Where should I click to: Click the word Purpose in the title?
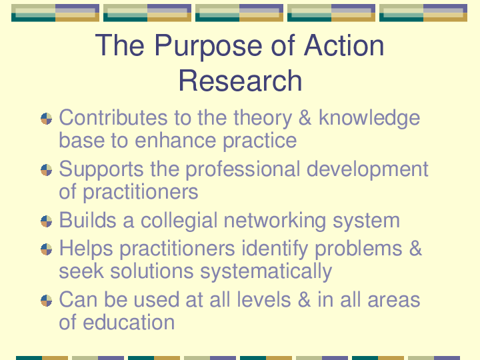click(209, 47)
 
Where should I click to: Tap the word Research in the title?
click(240, 81)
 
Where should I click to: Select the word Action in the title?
click(344, 45)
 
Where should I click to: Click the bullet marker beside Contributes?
click(46, 119)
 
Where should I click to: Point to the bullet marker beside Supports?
click(46, 170)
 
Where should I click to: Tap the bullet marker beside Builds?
click(46, 221)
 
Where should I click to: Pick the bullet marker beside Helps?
click(46, 249)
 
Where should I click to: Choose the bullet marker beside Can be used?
click(46, 300)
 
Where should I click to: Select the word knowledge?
click(369, 119)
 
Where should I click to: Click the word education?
click(129, 322)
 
